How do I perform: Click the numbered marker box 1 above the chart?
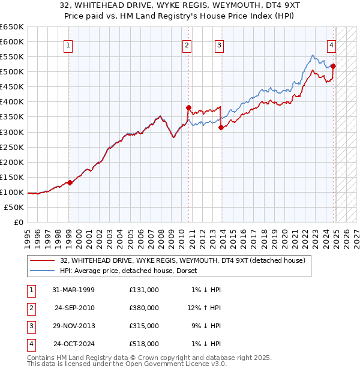[68, 45]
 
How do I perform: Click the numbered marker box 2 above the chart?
[187, 45]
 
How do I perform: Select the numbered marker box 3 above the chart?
[220, 45]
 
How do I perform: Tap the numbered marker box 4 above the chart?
[331, 45]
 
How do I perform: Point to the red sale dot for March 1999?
[70, 182]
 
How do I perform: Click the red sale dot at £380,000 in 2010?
[188, 108]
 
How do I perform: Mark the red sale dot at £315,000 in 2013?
[221, 127]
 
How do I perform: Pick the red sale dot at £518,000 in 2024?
[333, 67]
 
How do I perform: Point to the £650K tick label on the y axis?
[12, 27]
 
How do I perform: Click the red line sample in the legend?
[43, 260]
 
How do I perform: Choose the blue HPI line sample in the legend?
[43, 271]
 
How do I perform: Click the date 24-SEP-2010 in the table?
[74, 308]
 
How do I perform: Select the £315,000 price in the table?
[144, 326]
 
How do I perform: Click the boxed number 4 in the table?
[31, 344]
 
